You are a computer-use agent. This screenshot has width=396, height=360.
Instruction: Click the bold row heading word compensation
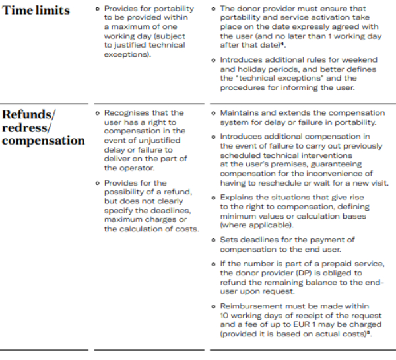[x=43, y=141]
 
